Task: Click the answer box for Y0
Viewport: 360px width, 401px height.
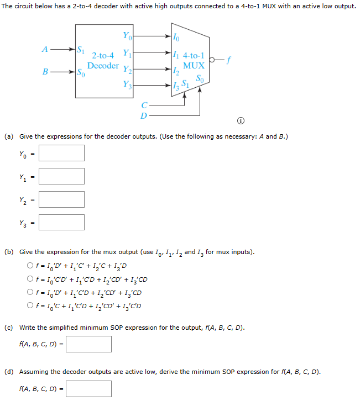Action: (x=61, y=153)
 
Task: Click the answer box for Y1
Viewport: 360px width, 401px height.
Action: (x=61, y=176)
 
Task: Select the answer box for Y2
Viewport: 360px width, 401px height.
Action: (x=61, y=199)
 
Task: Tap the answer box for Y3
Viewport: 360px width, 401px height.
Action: (x=61, y=222)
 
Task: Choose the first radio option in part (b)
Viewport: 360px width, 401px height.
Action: (x=30, y=266)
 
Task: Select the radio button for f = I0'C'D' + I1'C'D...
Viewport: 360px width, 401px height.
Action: (x=30, y=279)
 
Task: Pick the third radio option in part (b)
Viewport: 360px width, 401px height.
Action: (x=30, y=293)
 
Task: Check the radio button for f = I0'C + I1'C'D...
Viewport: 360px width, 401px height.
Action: (x=30, y=306)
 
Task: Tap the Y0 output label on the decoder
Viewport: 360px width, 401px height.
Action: (x=127, y=36)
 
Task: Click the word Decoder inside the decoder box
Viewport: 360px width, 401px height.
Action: (x=103, y=66)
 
